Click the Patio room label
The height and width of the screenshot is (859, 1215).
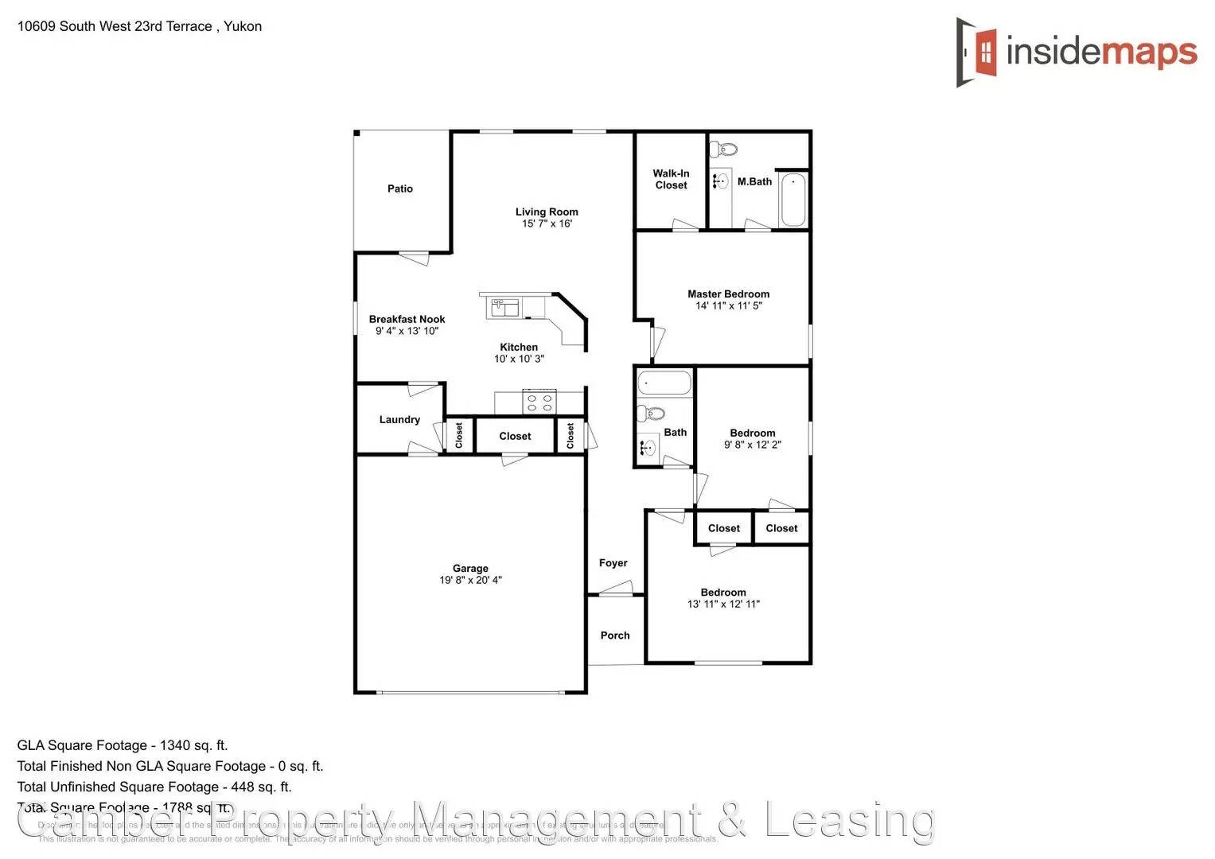400,189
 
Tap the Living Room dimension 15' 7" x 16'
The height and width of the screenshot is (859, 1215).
547,223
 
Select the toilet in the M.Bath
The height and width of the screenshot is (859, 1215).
723,149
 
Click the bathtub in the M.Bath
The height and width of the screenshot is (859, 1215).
792,199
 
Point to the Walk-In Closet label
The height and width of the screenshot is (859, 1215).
671,179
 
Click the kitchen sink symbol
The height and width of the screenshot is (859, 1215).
504,307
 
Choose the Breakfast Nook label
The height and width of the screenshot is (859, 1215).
407,319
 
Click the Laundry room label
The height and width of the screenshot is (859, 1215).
399,419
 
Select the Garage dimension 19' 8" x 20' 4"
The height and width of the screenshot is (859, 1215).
470,580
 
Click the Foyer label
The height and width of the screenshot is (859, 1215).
613,563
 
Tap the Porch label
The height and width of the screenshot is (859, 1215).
615,636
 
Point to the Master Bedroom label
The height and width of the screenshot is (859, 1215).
728,293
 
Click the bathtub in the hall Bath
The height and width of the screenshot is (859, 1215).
664,383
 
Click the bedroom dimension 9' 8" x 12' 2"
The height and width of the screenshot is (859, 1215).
752,445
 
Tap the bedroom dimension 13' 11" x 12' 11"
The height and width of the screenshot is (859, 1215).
723,604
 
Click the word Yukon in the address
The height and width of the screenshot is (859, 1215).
243,26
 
